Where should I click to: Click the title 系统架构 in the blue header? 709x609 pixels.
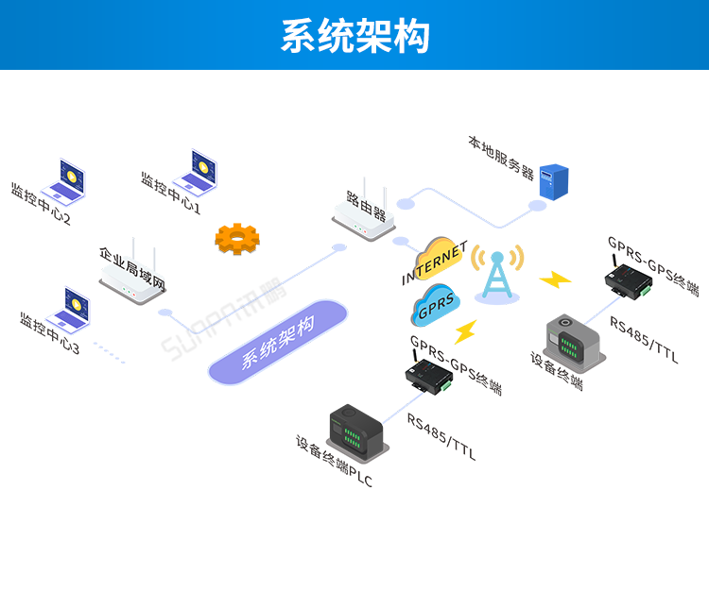coord(354,36)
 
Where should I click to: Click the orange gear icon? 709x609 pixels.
coord(236,239)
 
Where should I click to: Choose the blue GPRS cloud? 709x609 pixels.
coord(436,304)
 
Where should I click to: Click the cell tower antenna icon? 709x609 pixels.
coord(497,275)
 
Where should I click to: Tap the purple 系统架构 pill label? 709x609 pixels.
coord(278,342)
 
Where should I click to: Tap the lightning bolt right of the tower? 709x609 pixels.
coord(555,279)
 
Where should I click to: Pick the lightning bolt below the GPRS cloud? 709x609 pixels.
coord(465,330)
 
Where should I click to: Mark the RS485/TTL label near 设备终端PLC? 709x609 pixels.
coord(441,437)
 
